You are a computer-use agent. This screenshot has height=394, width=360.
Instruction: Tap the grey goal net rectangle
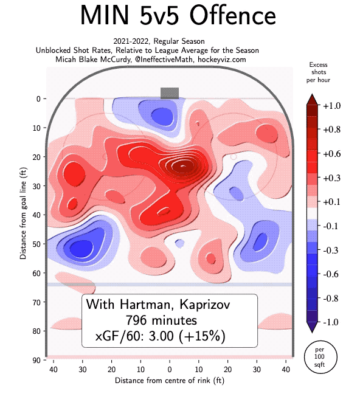[x=170, y=92]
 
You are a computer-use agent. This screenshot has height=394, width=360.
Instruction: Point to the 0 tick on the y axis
[x=37, y=98]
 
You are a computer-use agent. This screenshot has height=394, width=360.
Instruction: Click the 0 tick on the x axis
[x=170, y=370]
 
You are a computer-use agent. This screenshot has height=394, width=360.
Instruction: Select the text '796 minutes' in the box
[x=169, y=320]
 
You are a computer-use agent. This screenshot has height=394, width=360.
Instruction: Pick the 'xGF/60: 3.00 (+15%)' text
[x=170, y=336]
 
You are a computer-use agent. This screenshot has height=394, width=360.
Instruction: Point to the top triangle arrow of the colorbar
[x=311, y=99]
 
